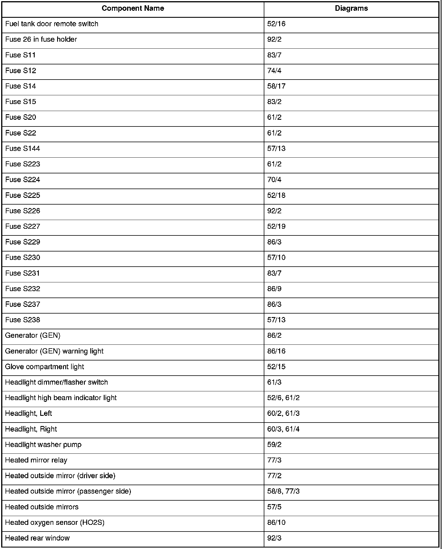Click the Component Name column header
click(x=133, y=8)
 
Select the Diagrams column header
click(x=351, y=8)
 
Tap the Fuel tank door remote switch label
click(x=52, y=24)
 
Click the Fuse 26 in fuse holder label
click(x=41, y=39)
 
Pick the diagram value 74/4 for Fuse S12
click(x=274, y=71)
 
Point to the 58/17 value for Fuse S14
click(x=276, y=86)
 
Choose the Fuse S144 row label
click(x=22, y=149)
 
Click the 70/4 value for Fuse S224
click(x=274, y=180)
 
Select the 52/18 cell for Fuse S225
click(x=276, y=195)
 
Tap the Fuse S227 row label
click(x=22, y=226)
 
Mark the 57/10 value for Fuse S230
click(x=276, y=258)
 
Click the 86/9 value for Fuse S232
click(x=274, y=289)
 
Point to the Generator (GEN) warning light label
click(x=54, y=351)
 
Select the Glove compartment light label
click(x=45, y=367)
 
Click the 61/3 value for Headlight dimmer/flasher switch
click(x=274, y=382)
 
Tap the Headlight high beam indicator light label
click(x=61, y=398)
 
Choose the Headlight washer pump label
click(x=43, y=445)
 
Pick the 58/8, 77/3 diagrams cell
click(x=283, y=491)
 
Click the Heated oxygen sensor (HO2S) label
click(x=55, y=522)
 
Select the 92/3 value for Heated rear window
click(x=274, y=538)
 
